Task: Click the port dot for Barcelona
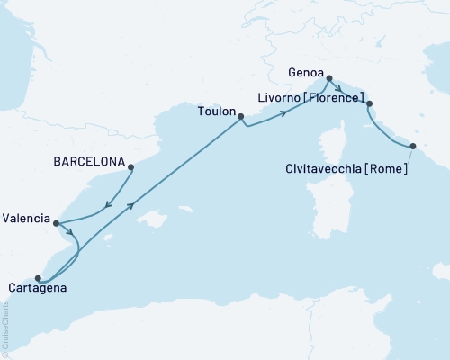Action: tap(131, 166)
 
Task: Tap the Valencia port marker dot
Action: tap(56, 223)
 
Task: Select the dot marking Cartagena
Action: tap(38, 278)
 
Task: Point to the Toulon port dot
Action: tap(241, 115)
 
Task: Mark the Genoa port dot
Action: tap(329, 78)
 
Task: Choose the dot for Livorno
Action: tap(370, 104)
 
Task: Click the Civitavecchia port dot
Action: tap(413, 146)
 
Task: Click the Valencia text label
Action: tap(26, 218)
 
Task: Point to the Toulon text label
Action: tap(214, 114)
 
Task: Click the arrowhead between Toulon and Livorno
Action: tap(284, 112)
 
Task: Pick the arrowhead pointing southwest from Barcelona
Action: tap(109, 204)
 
